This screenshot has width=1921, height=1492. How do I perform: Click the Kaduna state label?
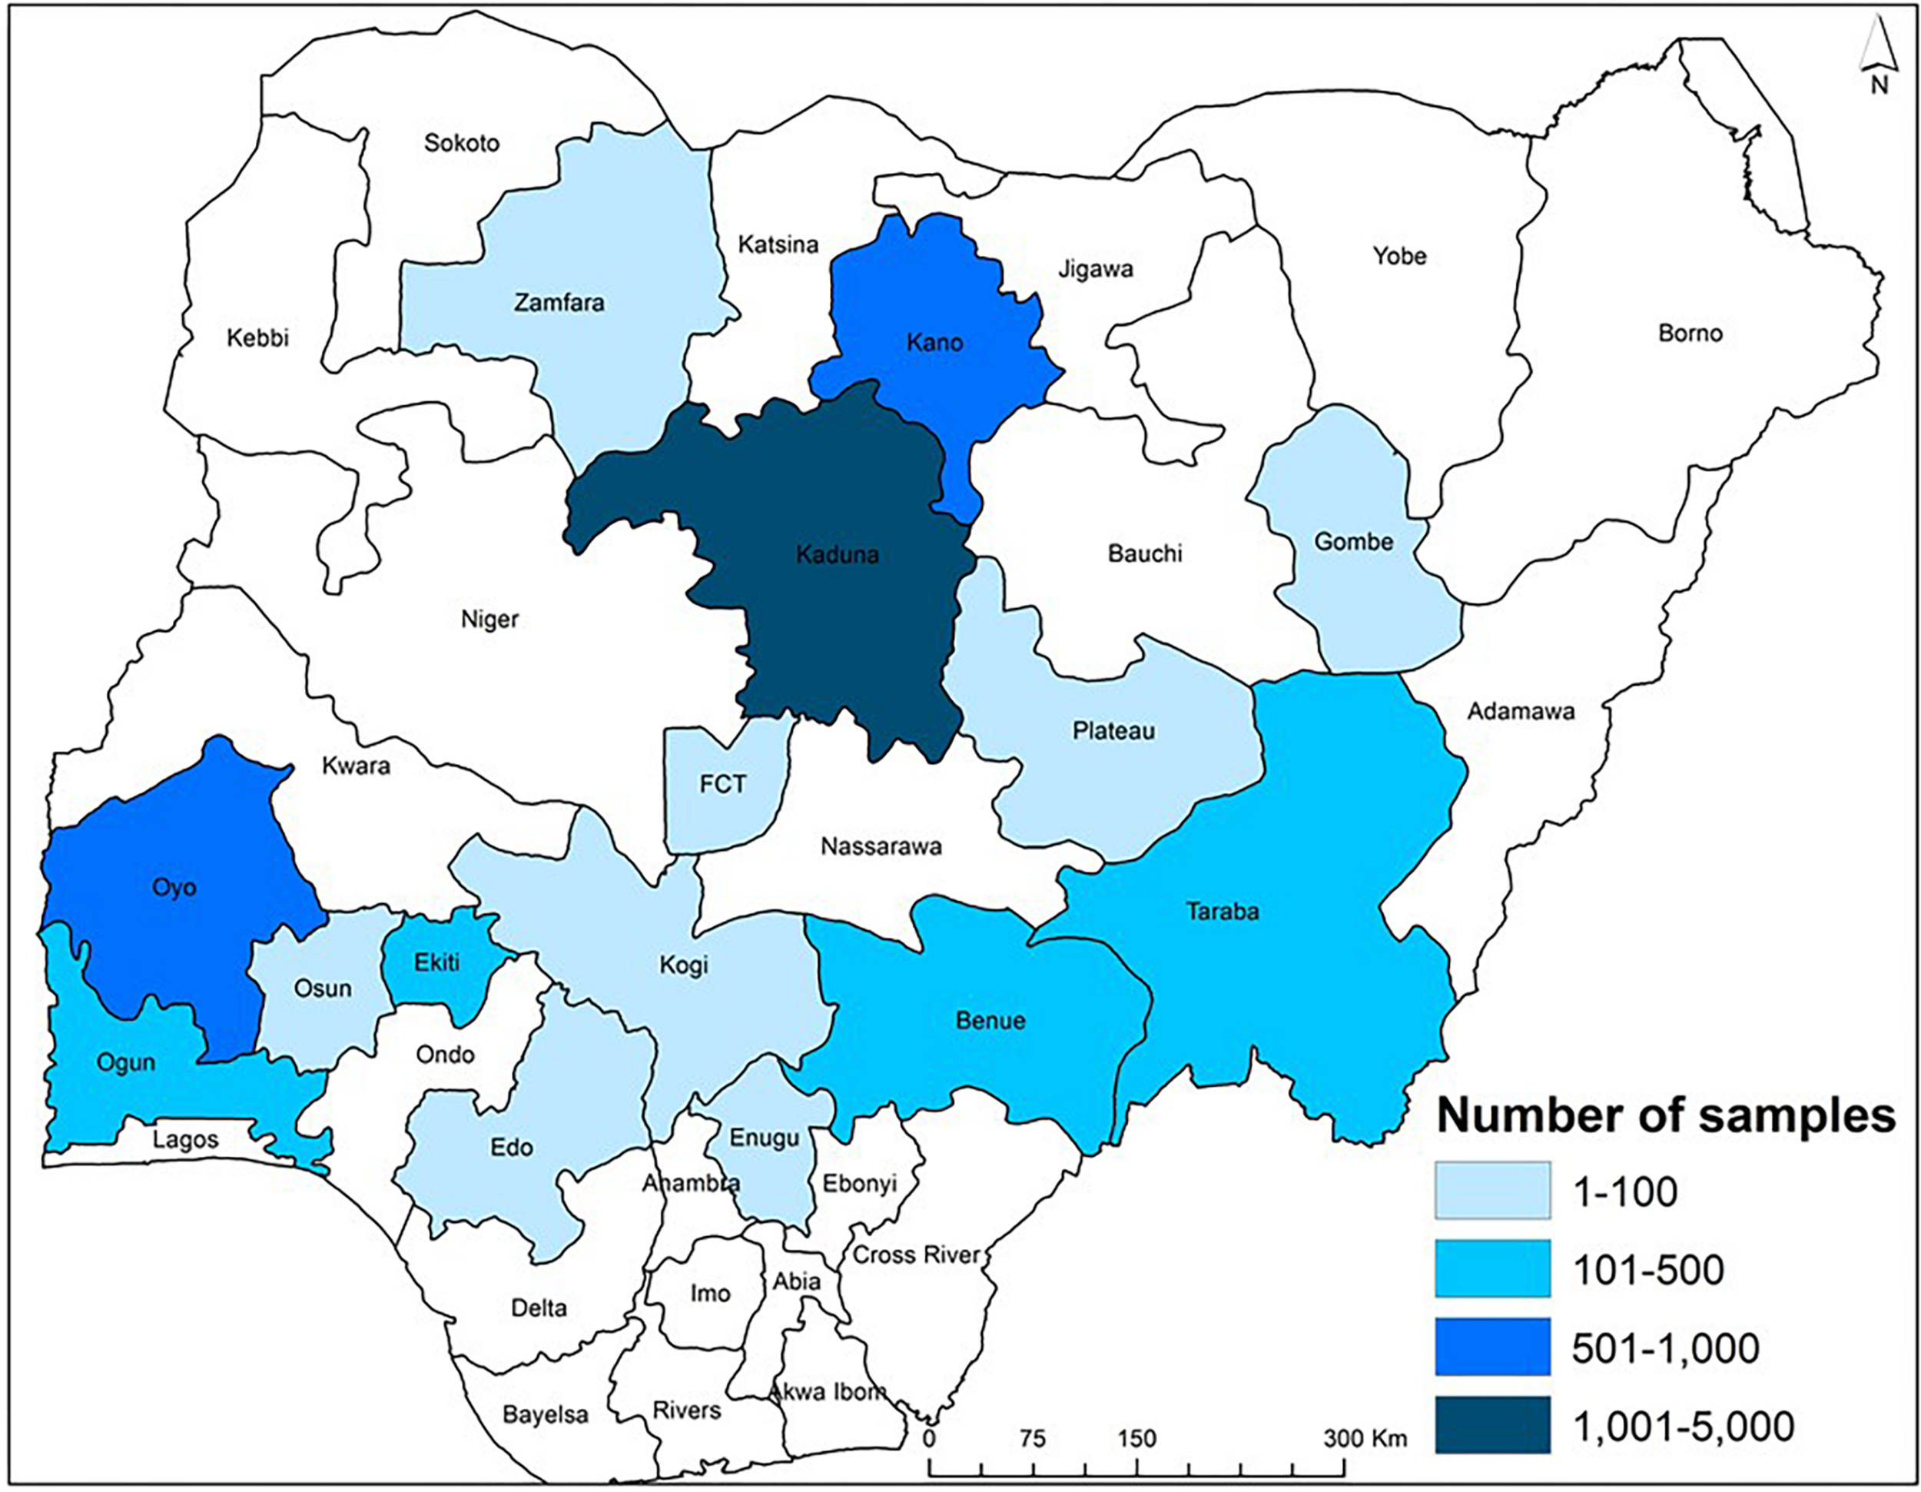click(x=838, y=554)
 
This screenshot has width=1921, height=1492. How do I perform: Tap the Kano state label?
click(x=934, y=342)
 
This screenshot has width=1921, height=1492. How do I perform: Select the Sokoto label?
click(x=462, y=142)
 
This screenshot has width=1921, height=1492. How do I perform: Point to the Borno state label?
click(x=1690, y=334)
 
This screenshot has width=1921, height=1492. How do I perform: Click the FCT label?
click(x=722, y=784)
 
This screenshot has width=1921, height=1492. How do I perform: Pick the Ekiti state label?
click(x=437, y=962)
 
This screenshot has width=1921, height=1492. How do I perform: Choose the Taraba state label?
click(x=1222, y=912)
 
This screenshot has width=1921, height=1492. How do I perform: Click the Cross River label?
click(x=916, y=1254)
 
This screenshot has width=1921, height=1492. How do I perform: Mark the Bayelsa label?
click(x=546, y=1414)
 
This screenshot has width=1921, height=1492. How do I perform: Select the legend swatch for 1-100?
click(x=1493, y=1190)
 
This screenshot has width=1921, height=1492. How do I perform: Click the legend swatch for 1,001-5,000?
click(x=1493, y=1424)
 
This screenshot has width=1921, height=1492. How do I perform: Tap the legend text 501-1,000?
click(x=1665, y=1347)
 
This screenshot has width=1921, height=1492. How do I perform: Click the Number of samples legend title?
click(x=1665, y=1115)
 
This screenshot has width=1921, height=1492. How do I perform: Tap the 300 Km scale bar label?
click(x=1365, y=1439)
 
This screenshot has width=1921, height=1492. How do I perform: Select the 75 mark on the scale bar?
click(x=1033, y=1439)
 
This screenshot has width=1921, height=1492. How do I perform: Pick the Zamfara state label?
click(x=559, y=303)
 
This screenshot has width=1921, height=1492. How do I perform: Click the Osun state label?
click(x=323, y=988)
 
